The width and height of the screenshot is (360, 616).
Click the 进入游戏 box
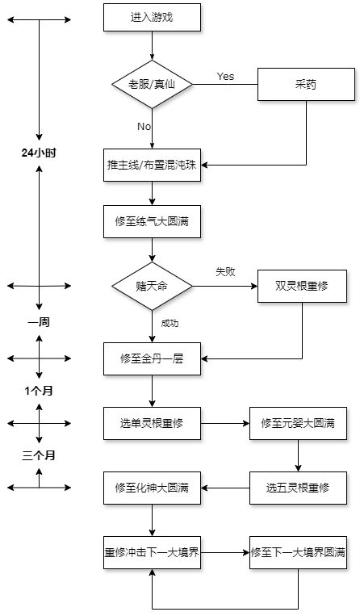[x=152, y=17]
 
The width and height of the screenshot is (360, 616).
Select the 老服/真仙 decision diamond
[x=152, y=84]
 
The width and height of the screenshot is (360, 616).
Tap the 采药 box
[x=306, y=84]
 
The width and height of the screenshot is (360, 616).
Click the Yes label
[x=225, y=76]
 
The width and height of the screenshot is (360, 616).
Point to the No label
[x=144, y=126]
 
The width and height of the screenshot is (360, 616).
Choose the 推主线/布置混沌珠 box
[x=152, y=165]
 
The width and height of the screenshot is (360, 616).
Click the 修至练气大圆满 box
[x=152, y=221]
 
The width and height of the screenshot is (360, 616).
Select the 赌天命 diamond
[x=152, y=286]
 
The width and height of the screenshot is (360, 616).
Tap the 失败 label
[x=225, y=271]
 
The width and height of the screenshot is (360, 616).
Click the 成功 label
[x=170, y=323]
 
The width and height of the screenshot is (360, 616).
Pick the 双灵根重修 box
[x=302, y=286]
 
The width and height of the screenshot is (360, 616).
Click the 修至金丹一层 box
[x=152, y=358]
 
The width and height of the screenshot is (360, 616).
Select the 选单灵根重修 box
[x=152, y=423]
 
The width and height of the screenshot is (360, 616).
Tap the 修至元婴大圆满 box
[x=298, y=423]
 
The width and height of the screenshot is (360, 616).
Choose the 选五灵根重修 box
[x=298, y=488]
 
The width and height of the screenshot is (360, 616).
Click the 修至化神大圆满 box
[x=152, y=488]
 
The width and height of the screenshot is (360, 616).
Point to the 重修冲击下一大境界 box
[x=152, y=552]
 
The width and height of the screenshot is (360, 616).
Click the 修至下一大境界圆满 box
[x=298, y=552]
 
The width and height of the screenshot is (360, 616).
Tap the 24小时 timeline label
[x=39, y=153]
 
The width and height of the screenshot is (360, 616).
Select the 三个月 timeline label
[x=39, y=455]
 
